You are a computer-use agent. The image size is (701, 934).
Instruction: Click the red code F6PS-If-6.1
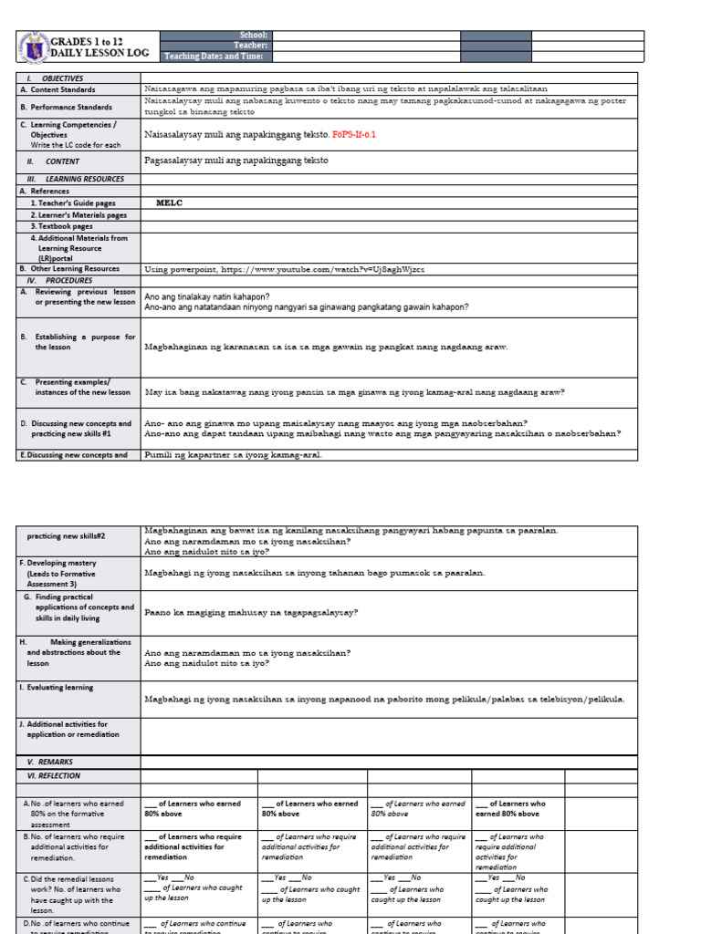coord(354,134)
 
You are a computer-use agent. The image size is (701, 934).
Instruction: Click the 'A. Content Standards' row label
coord(64,89)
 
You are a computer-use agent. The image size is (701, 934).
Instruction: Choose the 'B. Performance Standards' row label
coord(72,107)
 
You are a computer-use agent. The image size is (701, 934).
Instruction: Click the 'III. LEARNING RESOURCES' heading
coord(76,180)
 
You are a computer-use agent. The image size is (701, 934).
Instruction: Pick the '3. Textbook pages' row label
coord(62,226)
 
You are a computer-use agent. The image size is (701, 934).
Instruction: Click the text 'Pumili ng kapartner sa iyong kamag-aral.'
coord(233,454)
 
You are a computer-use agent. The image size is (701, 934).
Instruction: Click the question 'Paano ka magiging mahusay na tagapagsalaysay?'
coord(251,612)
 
